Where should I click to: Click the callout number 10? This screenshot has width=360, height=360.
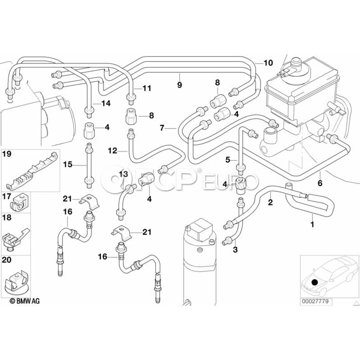(268, 63)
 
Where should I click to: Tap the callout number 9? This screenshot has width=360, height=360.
(180, 85)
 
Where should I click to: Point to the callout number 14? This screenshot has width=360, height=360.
(106, 103)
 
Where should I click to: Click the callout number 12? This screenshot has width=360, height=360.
(112, 151)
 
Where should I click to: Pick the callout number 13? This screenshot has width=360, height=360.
(123, 174)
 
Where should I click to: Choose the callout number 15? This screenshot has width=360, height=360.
(67, 164)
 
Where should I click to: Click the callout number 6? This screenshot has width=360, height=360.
(320, 184)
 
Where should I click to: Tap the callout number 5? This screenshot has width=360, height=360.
(228, 160)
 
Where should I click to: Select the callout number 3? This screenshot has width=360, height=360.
(235, 250)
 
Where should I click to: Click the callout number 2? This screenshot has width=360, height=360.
(270, 202)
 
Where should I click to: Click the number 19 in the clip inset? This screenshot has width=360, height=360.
(7, 154)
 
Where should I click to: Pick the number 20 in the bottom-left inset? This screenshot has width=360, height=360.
(7, 260)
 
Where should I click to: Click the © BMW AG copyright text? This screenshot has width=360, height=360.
(25, 301)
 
